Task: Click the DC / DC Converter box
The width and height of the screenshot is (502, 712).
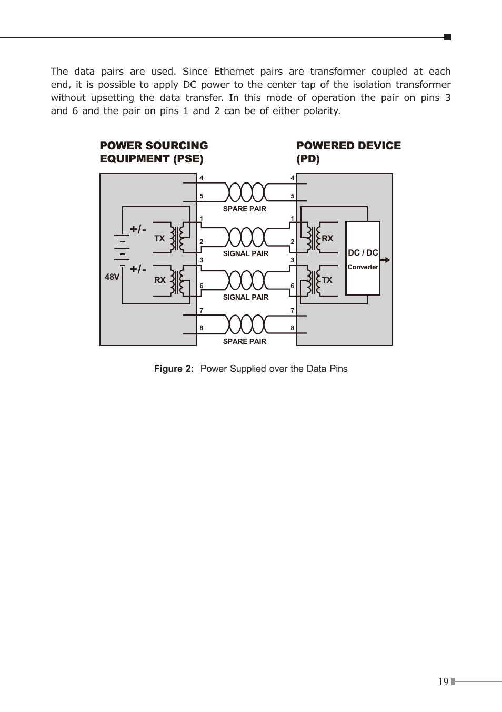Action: coord(363,258)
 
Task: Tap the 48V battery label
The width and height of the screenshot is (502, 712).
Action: coord(112,277)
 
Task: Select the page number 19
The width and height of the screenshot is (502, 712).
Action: coord(443,682)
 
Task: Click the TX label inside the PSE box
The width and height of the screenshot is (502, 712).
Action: coord(159,238)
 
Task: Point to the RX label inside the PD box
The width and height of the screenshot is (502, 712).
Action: coord(327,238)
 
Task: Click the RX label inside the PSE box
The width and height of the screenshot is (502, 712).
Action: coord(160,280)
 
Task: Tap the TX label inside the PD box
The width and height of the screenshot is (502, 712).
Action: coord(327,280)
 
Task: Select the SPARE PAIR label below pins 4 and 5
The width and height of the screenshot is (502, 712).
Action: coord(244,209)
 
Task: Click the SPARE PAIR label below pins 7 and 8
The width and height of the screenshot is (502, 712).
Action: coord(244,341)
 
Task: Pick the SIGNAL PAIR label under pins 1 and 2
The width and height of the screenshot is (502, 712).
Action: coord(246,253)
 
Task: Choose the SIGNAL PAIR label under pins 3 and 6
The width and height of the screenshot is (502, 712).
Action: coord(246,297)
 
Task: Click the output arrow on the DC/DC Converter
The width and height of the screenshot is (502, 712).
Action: coord(385,260)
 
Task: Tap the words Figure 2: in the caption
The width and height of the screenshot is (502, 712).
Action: coord(174,369)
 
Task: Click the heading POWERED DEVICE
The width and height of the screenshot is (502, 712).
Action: coord(349,146)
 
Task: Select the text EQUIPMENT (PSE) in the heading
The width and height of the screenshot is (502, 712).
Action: coord(152,159)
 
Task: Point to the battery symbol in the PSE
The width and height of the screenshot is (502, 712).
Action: coord(122,250)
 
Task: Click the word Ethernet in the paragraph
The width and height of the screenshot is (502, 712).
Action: coord(234,71)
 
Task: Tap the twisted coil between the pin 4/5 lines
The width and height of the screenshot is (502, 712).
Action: coord(246,192)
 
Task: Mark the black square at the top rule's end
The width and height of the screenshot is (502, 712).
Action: coord(447,37)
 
